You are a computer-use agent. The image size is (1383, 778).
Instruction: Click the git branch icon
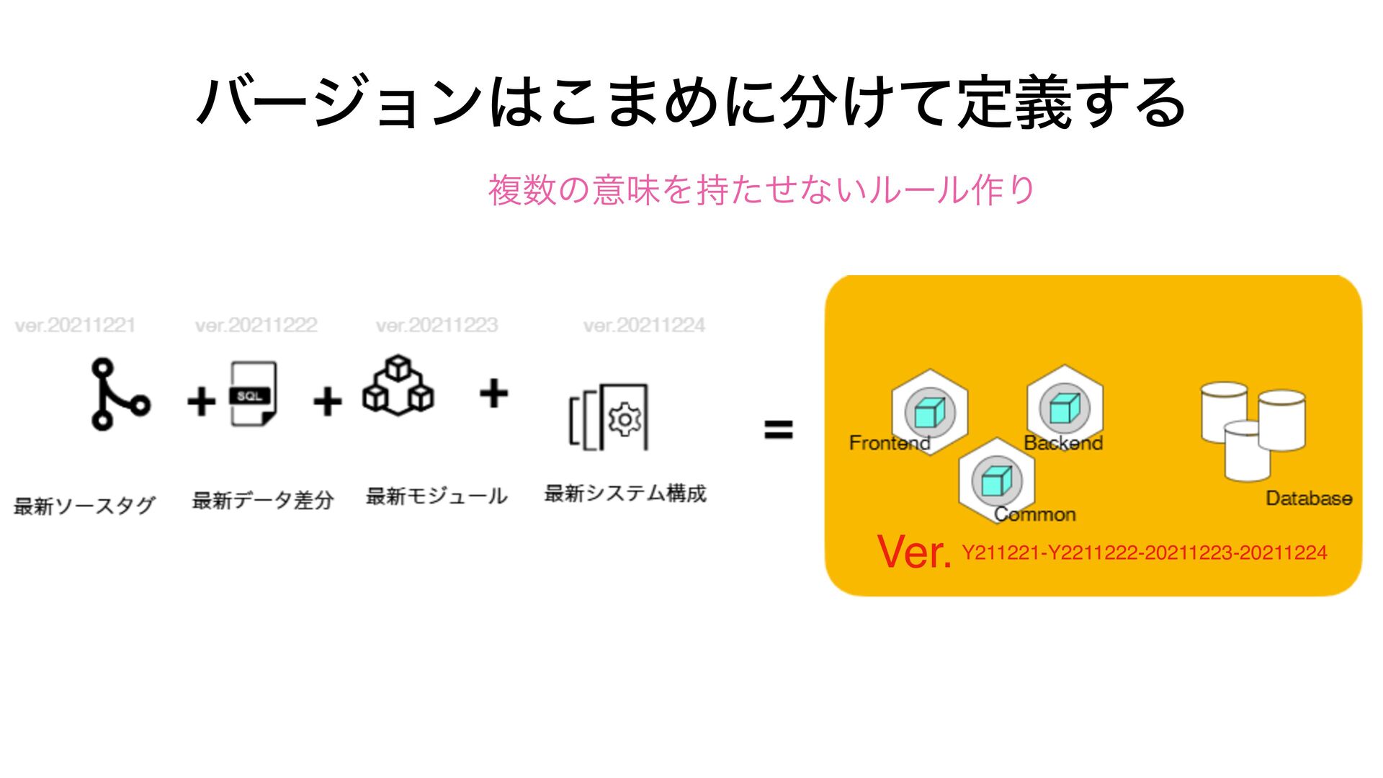[x=118, y=394]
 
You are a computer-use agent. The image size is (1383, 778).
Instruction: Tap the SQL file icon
[x=253, y=394]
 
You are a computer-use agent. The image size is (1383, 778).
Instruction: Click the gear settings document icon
[x=609, y=417]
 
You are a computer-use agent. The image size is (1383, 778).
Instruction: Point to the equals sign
[x=778, y=430]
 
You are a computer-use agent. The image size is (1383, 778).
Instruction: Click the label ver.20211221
[x=75, y=326]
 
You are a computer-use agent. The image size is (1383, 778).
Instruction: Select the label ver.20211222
[x=256, y=326]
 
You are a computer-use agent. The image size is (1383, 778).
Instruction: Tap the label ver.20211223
[x=437, y=326]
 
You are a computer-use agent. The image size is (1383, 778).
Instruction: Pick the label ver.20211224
[x=644, y=326]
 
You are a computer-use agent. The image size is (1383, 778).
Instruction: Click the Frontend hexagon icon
[x=929, y=411]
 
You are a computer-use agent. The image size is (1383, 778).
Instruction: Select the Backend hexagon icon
[x=1064, y=407]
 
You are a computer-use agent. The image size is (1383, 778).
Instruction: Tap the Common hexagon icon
[x=996, y=480]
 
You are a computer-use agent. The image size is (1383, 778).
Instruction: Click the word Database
[x=1309, y=498]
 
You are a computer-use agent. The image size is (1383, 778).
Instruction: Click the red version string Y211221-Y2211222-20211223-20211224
[x=1144, y=553]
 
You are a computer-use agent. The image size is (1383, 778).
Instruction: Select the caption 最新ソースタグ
[x=84, y=506]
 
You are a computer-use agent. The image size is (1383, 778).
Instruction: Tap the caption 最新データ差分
[x=263, y=500]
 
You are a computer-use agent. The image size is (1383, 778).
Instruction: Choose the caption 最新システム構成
[x=625, y=494]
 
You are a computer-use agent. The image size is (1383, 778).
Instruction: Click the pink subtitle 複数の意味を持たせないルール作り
[x=761, y=191]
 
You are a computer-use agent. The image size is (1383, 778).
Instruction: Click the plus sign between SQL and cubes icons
[x=327, y=401]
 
